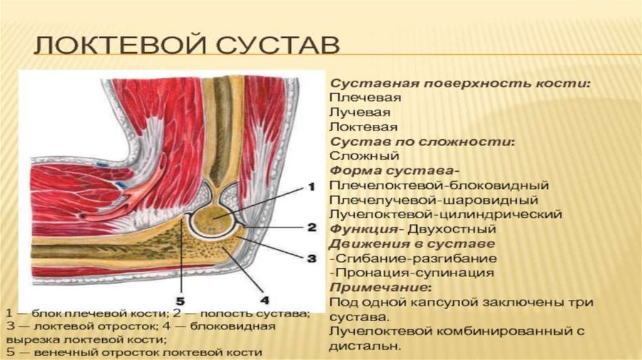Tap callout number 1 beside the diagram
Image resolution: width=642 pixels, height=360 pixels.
coord(309,186)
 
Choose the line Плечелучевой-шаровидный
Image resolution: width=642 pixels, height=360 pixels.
coord(433,200)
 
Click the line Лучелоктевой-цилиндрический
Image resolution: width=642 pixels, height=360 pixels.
coord(445,214)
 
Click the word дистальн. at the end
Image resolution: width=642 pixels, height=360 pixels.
coord(365,346)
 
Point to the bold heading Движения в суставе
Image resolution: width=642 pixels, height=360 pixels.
coord(412,243)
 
